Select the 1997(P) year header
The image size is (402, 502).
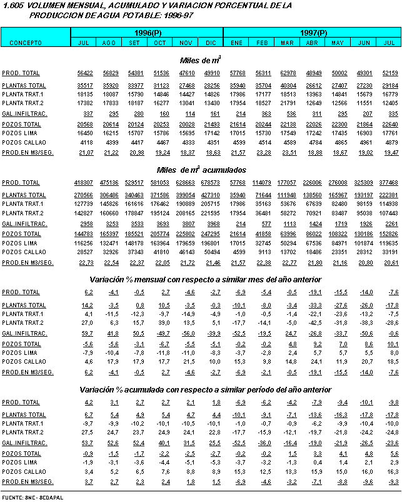[313, 32]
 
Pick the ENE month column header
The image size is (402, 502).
[236, 42]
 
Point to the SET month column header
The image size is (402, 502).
[134, 42]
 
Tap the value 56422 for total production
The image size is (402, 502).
[85, 73]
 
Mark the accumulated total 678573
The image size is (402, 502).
[209, 183]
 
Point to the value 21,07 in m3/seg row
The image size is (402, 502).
[85, 153]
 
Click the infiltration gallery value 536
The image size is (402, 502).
[288, 113]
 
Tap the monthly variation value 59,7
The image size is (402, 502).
[86, 334]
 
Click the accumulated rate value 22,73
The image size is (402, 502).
[85, 263]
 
